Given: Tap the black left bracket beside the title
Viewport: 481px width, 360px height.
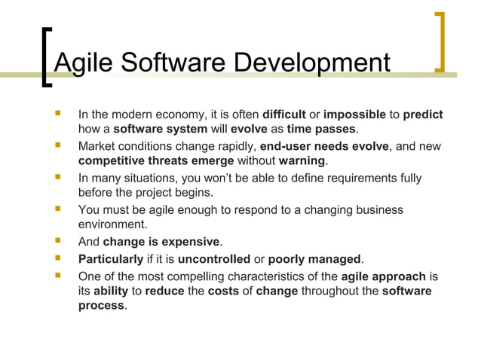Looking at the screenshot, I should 47,57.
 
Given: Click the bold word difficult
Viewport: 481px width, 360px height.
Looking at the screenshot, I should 283,115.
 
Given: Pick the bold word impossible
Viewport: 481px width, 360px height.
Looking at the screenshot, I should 354,115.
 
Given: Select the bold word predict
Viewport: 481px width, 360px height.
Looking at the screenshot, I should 423,115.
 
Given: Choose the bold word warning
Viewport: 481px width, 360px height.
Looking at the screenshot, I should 302,161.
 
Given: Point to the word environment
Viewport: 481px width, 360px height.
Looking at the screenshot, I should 113,224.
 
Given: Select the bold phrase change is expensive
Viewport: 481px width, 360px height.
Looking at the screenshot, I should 161,242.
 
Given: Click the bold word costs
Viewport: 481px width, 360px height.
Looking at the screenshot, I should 224,291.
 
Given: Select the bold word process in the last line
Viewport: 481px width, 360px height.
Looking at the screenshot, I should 102,306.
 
